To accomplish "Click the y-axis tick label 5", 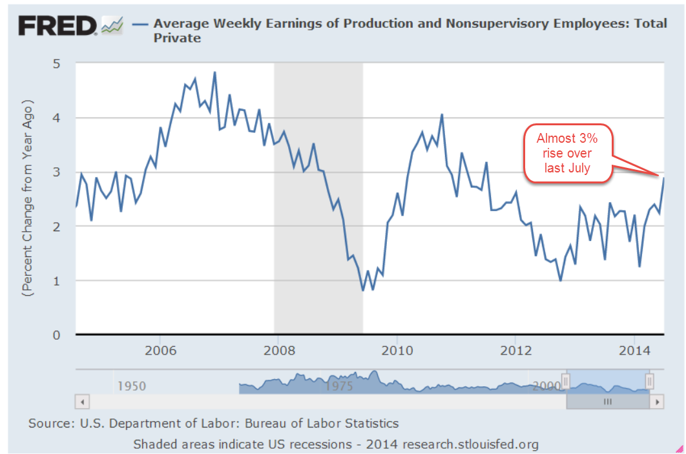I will pyautogui.click(x=57, y=63).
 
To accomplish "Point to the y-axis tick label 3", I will pyautogui.click(x=57, y=172).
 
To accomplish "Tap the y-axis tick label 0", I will pyautogui.click(x=57, y=335).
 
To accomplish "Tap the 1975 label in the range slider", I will pyautogui.click(x=340, y=386).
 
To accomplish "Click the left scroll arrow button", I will pyautogui.click(x=83, y=401).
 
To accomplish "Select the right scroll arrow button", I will pyautogui.click(x=658, y=401).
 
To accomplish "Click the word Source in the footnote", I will pyautogui.click(x=48, y=424).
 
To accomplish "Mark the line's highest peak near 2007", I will pyautogui.click(x=214, y=72).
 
